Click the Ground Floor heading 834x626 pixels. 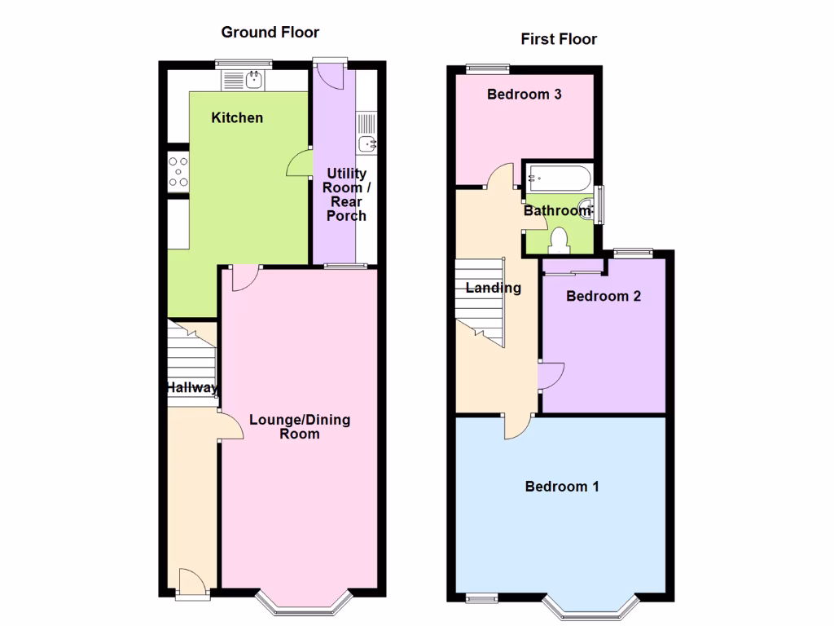pos(270,33)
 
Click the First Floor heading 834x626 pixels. pos(559,39)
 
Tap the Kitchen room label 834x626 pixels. pos(237,118)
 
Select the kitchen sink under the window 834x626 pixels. pos(254,79)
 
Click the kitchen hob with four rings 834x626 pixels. pos(178,172)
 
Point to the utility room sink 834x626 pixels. pos(367,144)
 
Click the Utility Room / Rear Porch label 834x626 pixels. pos(346,195)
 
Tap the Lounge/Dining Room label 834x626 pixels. pos(300,427)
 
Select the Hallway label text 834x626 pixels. pos(192,388)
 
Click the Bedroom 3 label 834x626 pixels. pos(524,95)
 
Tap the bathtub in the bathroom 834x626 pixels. pos(558,177)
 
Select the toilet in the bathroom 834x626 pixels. pos(560,239)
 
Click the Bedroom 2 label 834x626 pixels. pos(604,296)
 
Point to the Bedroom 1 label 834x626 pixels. pos(562,487)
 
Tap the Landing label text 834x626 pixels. pos(494,288)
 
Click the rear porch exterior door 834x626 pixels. pos(330,74)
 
